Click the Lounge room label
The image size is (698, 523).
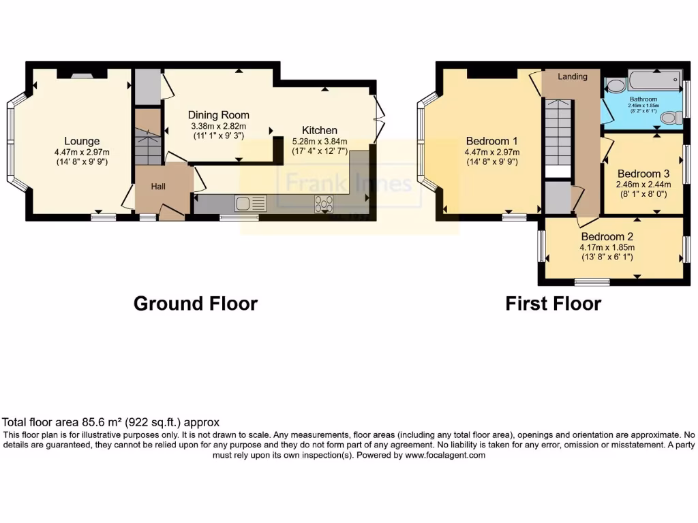[x=82, y=142]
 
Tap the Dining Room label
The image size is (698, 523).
[x=218, y=115]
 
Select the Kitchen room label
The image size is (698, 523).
[x=320, y=130]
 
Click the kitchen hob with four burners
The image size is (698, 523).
[x=324, y=204]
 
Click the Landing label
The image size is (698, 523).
[x=572, y=76]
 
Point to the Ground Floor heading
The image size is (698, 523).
[x=195, y=303]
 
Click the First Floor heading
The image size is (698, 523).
[x=553, y=303]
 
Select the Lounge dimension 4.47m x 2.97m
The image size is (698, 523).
[x=82, y=152]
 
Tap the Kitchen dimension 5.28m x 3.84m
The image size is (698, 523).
[x=320, y=141]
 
